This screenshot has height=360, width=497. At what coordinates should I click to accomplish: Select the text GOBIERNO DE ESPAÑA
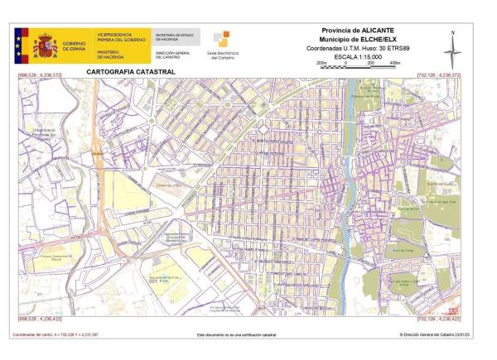click(x=74, y=46)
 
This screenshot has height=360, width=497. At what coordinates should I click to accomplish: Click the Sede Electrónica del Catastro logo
click(x=221, y=45)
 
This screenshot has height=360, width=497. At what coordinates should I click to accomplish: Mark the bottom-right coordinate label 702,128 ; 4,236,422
click(x=438, y=319)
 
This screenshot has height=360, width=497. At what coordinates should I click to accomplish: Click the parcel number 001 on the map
click(x=153, y=282)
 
